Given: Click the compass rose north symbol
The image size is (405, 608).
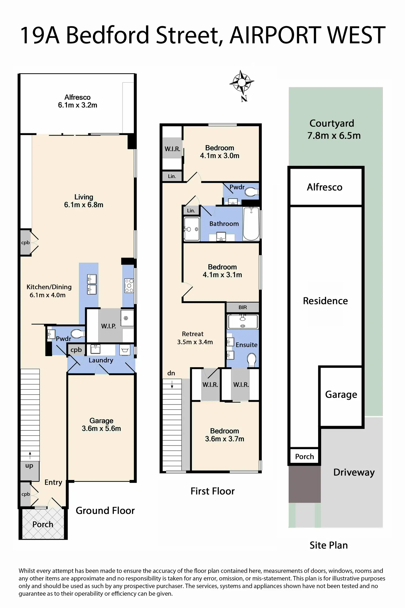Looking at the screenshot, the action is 242,83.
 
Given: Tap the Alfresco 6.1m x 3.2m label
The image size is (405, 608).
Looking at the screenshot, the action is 78,101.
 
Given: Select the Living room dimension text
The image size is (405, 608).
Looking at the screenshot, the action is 84,205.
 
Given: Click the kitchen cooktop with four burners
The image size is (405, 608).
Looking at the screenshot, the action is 129,286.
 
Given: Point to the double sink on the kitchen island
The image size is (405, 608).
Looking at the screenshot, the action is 92,284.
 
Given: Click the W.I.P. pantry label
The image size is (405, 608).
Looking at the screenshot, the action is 108,326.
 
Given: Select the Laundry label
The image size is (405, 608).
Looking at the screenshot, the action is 101,360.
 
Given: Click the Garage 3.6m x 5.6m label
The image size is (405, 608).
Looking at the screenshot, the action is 101,424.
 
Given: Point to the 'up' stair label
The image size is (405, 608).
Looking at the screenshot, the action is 29,466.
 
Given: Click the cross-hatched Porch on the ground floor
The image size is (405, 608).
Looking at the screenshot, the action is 43,524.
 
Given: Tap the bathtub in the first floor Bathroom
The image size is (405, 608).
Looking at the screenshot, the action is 251,224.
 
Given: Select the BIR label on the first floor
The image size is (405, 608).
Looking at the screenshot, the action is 243,307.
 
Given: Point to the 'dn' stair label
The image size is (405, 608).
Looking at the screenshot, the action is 171,373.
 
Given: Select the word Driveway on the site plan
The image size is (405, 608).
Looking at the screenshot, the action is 354,472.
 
